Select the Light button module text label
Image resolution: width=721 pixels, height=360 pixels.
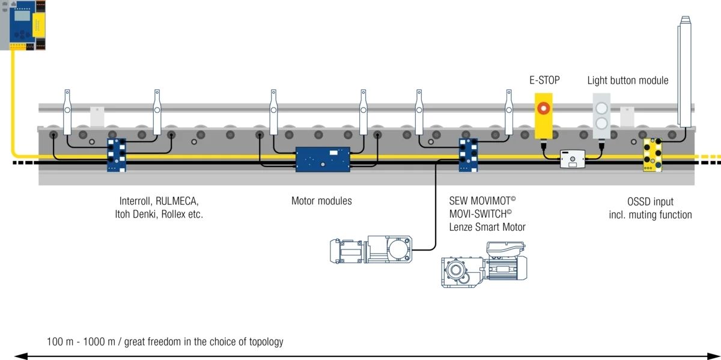(x=627, y=81)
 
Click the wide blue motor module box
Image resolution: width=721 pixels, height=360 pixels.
(x=323, y=159)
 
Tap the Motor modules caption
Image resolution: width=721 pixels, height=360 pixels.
(x=321, y=201)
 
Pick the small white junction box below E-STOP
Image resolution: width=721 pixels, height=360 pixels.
(x=573, y=159)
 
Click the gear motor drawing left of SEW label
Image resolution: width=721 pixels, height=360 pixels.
(x=370, y=249)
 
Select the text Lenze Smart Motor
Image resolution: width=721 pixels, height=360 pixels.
(x=487, y=227)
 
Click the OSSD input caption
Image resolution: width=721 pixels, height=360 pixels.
(x=651, y=201)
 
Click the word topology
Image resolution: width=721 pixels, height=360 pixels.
(x=262, y=342)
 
